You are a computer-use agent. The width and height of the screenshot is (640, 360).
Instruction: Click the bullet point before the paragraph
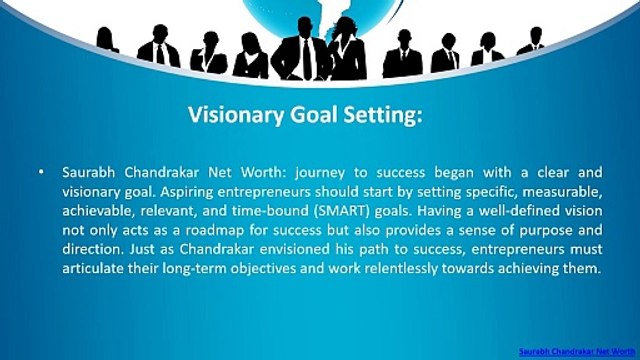40,173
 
